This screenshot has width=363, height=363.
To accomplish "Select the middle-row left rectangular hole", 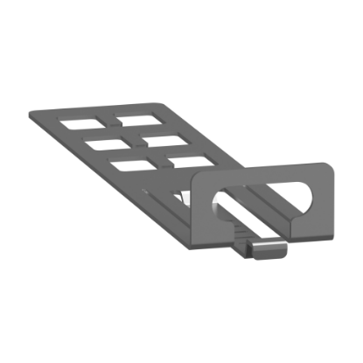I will [x=102, y=140].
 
